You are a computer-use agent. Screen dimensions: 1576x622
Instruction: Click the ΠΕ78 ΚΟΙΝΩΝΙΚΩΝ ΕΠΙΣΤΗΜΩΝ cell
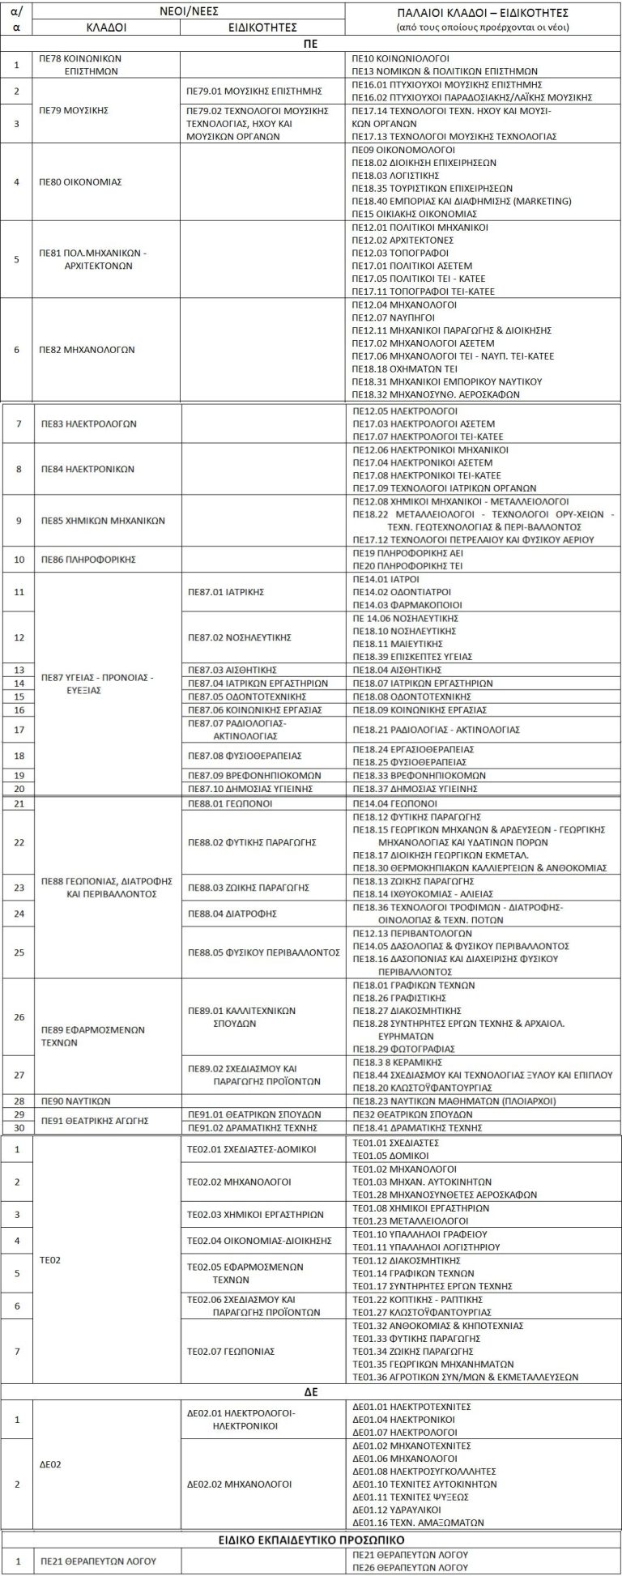coord(85,65)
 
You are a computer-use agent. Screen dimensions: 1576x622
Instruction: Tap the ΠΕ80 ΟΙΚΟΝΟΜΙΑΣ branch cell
coord(80,182)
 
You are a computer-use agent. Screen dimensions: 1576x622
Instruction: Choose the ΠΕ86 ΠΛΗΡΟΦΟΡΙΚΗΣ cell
coord(88,560)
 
